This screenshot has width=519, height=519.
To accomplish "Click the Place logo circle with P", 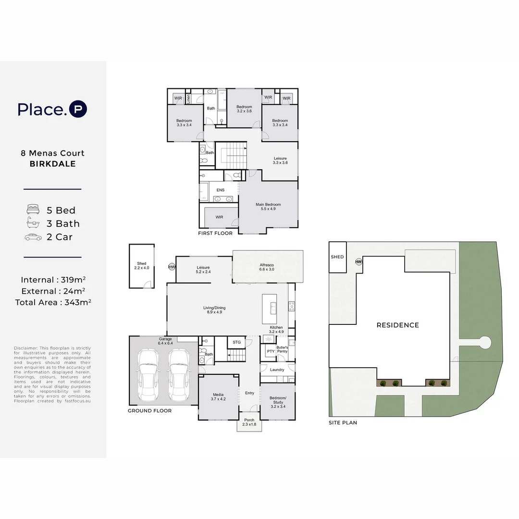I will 78,109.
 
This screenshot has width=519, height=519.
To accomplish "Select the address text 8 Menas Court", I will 52,153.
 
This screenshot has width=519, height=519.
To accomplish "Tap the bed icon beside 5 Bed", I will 33,210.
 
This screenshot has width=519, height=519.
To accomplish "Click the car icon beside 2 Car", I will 33,237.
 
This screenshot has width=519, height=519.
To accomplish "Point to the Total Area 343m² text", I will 53,302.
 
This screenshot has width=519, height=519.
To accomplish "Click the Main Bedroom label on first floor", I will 268,207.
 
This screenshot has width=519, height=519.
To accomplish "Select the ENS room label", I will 220,190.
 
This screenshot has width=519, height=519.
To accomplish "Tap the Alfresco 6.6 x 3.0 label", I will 267,267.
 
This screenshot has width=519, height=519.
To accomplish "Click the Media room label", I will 218,396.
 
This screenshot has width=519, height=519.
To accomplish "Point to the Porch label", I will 249,422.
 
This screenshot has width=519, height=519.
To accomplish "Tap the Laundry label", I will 277,370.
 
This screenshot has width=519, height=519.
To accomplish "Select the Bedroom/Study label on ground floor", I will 278,400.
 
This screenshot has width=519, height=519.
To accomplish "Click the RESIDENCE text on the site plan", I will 397,325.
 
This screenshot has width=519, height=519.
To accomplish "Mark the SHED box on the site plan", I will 337,257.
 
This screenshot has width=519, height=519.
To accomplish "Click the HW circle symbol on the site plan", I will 358,262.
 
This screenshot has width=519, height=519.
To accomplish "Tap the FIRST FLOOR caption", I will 215,234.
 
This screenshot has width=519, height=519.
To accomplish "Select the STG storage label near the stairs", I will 236,342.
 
